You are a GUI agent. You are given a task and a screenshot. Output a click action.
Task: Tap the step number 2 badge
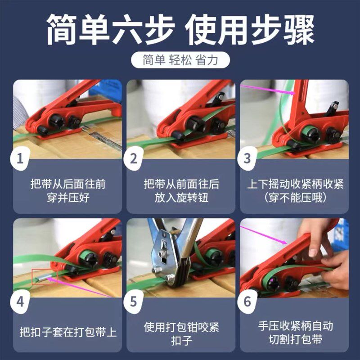tap(133, 158)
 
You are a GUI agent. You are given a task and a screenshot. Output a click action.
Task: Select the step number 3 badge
tap(247, 158)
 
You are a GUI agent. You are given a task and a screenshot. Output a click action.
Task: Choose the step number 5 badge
tap(133, 301)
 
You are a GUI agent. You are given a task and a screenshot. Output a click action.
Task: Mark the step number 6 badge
tap(247, 301)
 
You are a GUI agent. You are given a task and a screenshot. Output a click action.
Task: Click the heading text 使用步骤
tap(250, 30)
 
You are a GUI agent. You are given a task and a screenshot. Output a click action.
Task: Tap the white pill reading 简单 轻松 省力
tap(180, 60)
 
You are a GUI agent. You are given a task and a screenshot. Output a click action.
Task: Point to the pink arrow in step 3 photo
tap(268, 89)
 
